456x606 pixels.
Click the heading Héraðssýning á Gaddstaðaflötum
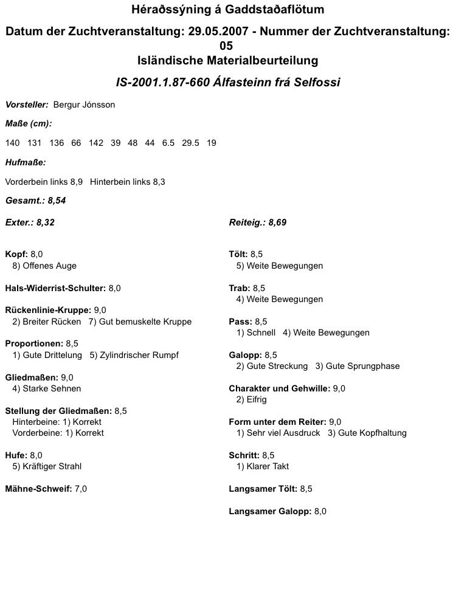coord(227,10)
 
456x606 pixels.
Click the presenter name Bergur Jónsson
coord(84,105)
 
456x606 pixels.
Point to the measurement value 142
coord(96,143)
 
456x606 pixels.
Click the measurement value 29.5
coord(191,143)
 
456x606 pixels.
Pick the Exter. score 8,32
coord(46,222)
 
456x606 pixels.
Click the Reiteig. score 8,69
coord(277,222)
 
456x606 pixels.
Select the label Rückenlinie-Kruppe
coord(47,311)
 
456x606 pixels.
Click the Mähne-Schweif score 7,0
coord(81,489)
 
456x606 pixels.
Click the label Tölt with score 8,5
coord(238,255)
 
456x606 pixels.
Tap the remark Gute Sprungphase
coord(363,366)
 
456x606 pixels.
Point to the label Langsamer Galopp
coord(270,511)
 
